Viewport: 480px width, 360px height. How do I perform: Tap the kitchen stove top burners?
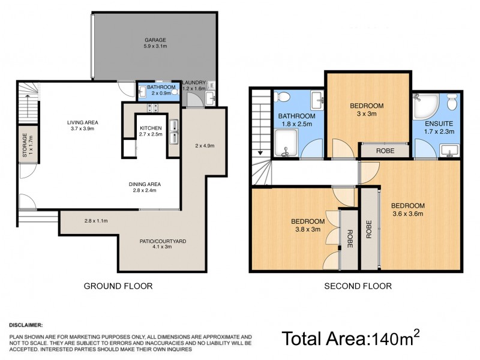(152, 109)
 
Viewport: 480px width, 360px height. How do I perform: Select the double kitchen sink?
(173, 131)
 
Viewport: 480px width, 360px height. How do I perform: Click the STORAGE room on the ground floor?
(29, 144)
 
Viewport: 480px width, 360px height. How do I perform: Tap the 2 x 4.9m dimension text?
(205, 146)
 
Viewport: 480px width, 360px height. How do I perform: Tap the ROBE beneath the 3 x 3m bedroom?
(385, 151)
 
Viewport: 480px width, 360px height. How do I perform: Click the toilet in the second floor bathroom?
(285, 98)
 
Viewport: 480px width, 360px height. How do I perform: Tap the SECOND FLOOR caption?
(358, 286)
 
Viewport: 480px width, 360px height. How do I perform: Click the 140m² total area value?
(393, 338)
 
